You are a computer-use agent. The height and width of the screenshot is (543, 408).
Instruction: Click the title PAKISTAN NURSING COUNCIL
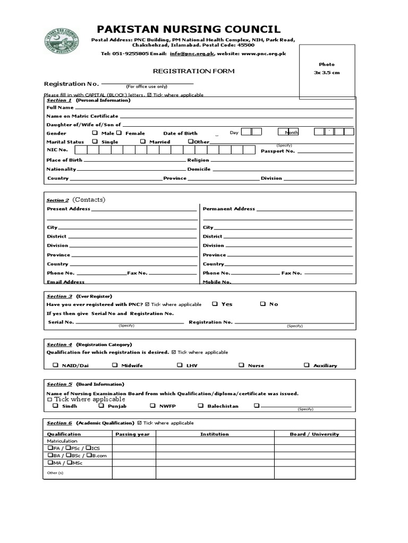point(189,29)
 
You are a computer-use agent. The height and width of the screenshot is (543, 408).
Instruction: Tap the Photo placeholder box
point(326,72)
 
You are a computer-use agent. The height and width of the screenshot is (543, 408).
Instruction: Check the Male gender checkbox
point(95,133)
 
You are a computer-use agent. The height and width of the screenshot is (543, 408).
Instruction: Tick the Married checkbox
point(143,142)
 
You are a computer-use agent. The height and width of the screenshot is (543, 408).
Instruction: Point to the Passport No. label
point(277,151)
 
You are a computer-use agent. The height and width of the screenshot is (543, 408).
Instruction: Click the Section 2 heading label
point(57,200)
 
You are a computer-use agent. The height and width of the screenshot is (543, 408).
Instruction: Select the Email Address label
point(65,282)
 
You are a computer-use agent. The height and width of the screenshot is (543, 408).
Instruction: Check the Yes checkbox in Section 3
point(215,304)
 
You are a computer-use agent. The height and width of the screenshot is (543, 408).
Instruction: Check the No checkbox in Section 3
point(262,304)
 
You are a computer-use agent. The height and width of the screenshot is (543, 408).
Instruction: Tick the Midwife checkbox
point(115,365)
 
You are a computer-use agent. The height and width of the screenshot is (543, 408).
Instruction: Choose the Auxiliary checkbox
point(307,365)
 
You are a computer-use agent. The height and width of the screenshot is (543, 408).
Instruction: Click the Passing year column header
point(133,434)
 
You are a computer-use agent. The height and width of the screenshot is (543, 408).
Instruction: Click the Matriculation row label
point(62,441)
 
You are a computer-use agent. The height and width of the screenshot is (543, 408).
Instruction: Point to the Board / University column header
point(314,434)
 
